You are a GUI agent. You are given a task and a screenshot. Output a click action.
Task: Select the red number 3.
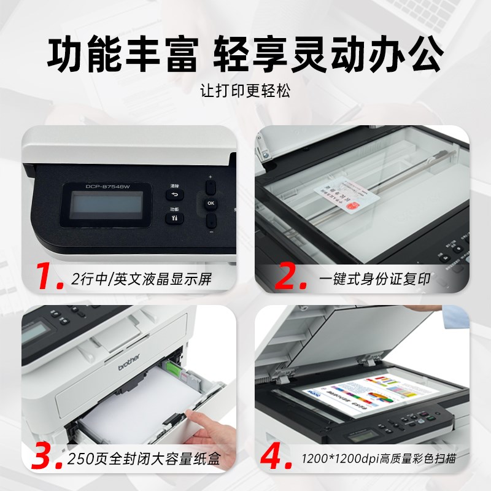pos(47,458)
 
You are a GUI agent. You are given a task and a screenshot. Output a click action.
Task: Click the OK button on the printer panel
pos(211,203)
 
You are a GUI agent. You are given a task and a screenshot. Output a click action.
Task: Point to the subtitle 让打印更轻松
pos(245,91)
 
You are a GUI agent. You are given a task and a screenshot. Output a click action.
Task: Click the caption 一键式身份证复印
pos(374,280)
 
